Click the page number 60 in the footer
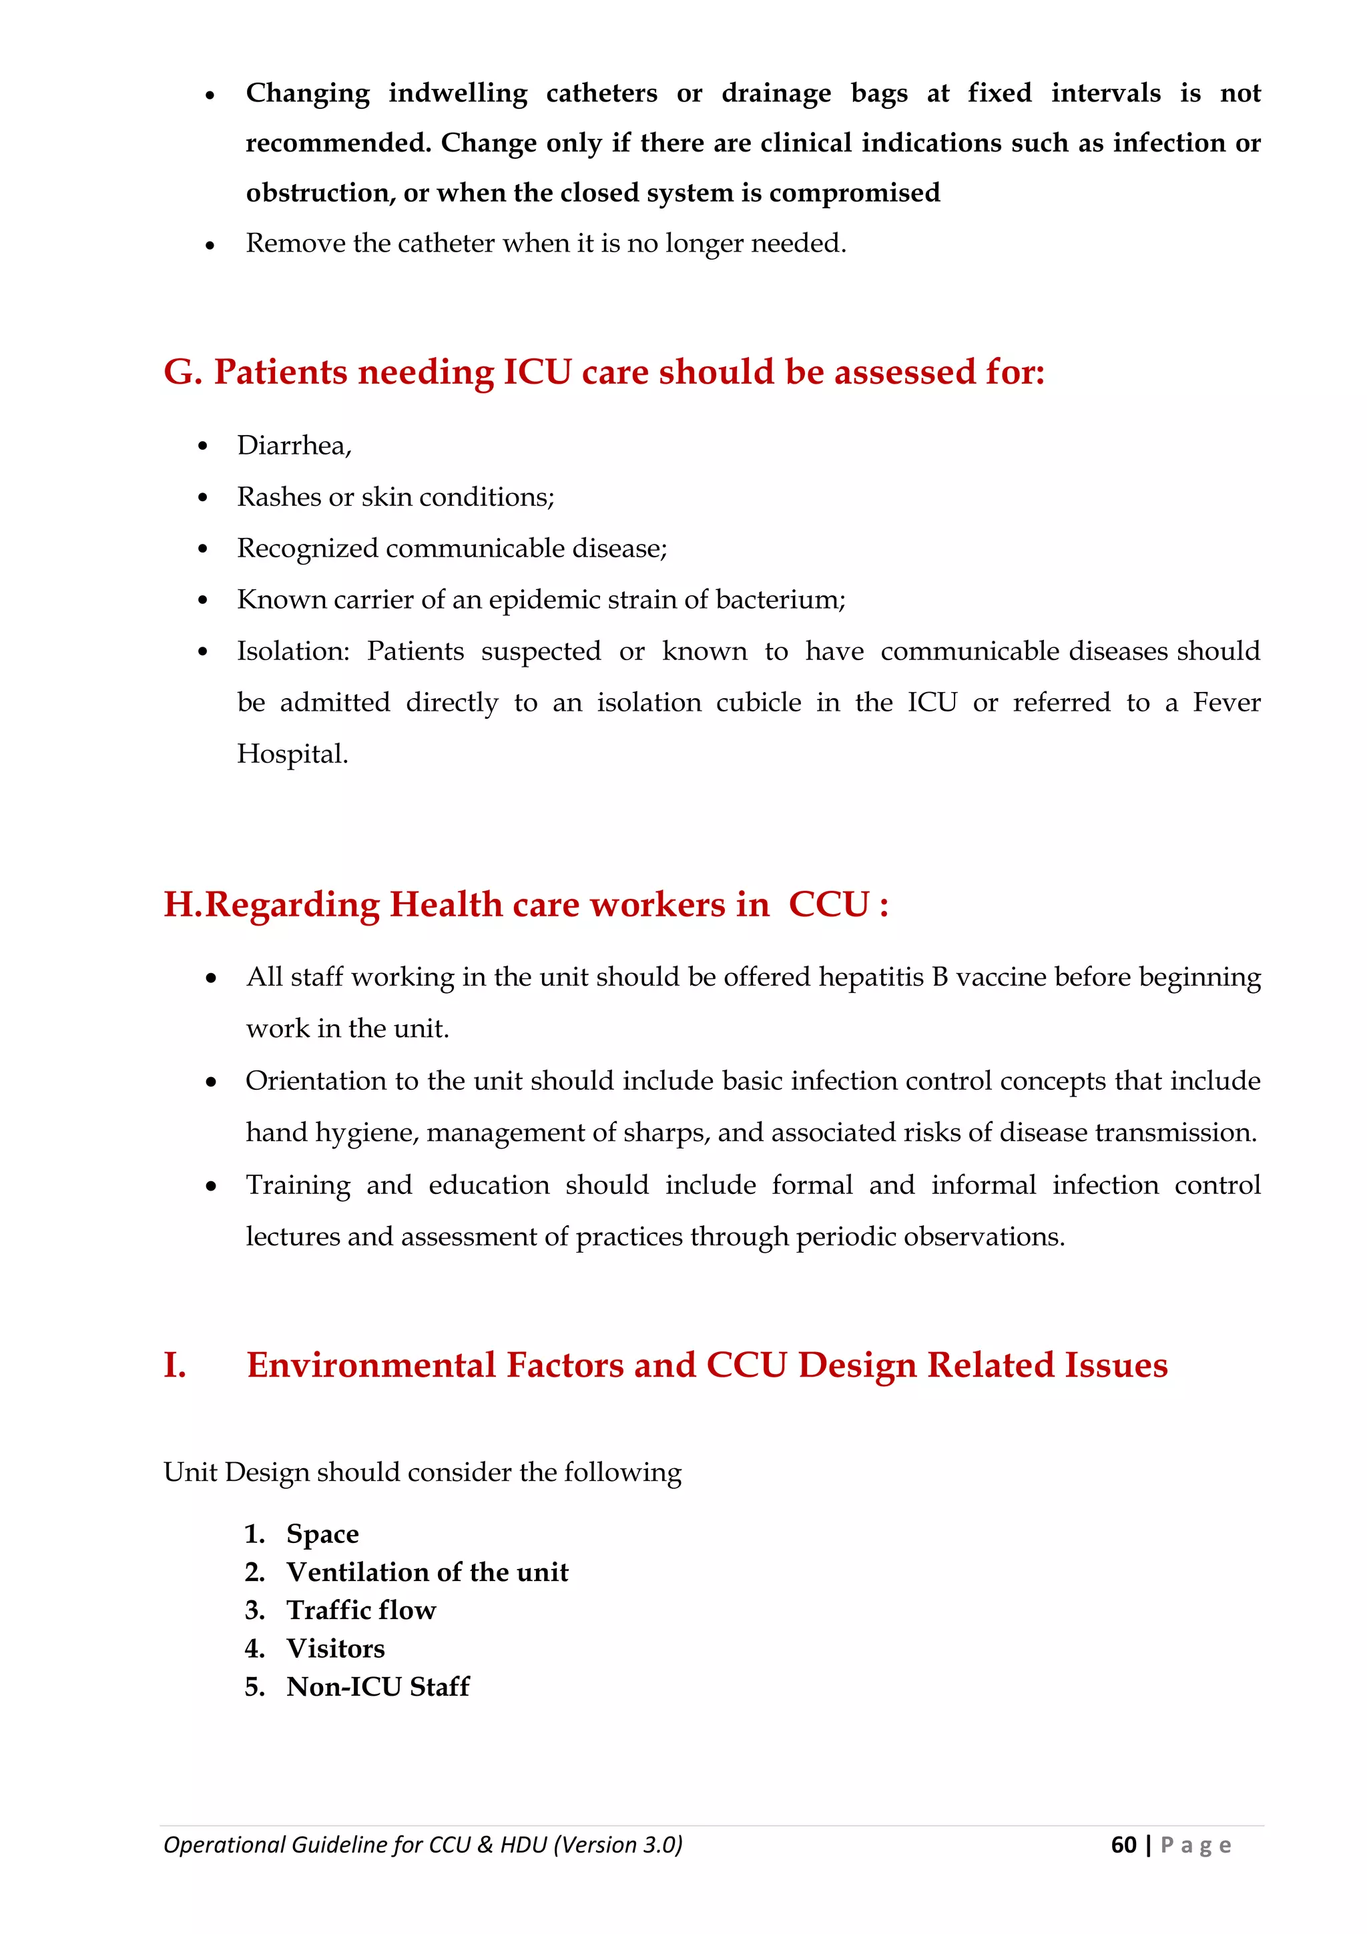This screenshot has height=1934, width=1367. pos(1123,1844)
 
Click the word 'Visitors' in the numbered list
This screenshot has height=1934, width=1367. pos(335,1648)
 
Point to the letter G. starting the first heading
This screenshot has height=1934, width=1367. pos(183,372)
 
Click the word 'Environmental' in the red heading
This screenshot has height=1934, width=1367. pos(370,1365)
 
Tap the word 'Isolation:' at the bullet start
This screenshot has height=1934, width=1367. pos(292,651)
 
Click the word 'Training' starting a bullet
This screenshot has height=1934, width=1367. pos(297,1185)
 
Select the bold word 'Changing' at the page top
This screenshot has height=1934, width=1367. pos(308,93)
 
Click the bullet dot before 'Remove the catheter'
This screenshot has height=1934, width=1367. pos(210,245)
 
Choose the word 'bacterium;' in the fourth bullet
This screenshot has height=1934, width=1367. pos(780,600)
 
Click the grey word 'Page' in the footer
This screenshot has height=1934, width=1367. pos(1196,1845)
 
